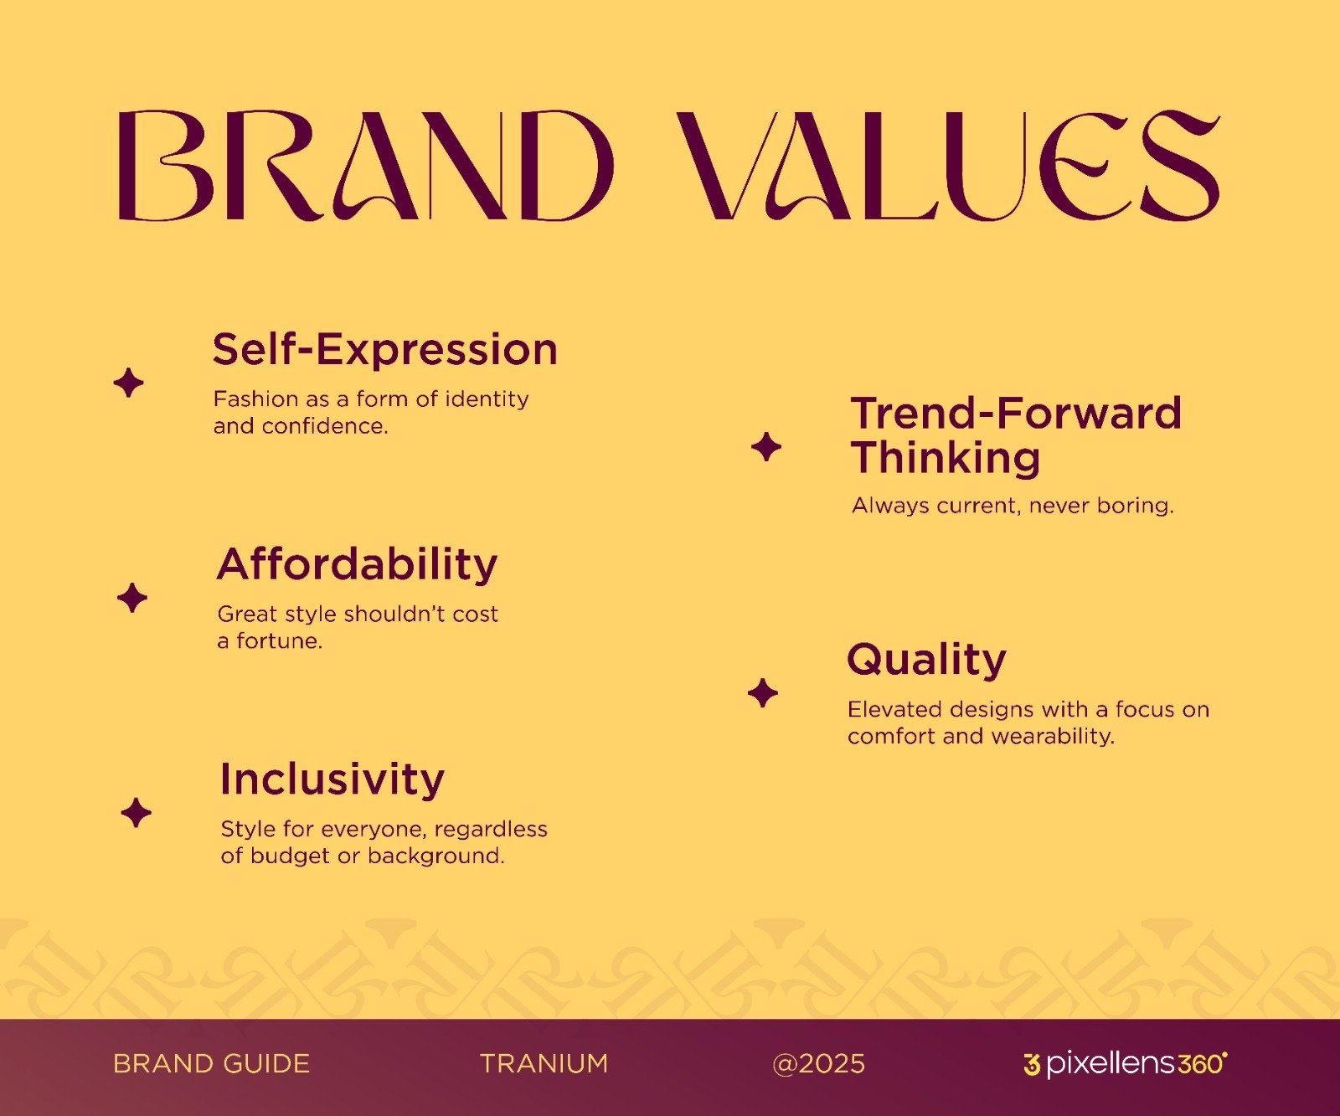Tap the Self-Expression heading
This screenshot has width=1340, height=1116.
385,349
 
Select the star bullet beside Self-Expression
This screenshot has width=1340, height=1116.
129,383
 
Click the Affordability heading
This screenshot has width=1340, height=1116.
358,564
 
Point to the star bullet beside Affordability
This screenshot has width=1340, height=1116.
132,598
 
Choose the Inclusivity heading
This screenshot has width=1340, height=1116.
332,779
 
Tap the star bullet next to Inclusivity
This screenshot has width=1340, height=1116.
136,813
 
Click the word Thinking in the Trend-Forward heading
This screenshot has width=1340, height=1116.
946,459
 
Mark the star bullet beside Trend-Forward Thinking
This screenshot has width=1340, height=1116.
766,446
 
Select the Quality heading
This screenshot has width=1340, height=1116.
927,660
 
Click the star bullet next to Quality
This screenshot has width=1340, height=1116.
763,693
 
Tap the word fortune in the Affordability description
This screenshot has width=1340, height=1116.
280,641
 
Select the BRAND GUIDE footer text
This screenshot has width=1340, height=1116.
212,1064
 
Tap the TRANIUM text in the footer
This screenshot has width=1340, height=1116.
544,1064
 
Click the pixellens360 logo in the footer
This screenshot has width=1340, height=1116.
1126,1063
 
